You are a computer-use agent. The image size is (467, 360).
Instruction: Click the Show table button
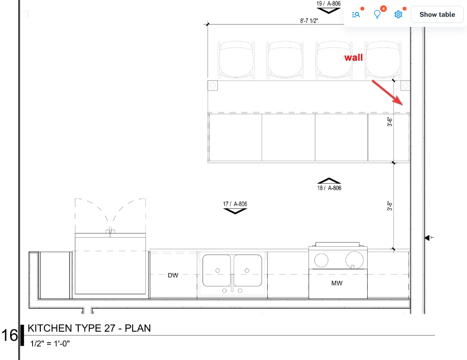click(x=437, y=14)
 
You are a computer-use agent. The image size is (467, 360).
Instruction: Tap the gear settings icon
click(x=398, y=14)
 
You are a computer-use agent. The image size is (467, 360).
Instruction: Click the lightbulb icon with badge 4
click(x=377, y=14)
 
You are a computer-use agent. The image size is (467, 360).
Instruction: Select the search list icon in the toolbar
click(x=356, y=14)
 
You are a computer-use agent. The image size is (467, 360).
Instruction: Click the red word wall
click(x=354, y=58)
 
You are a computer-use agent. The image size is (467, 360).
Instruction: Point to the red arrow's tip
click(x=403, y=105)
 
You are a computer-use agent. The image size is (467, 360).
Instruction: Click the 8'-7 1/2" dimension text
click(x=309, y=21)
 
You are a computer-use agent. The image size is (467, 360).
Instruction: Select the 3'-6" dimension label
click(x=390, y=122)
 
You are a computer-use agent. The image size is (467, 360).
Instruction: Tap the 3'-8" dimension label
click(x=390, y=206)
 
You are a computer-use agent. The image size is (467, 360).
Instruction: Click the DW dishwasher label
click(x=173, y=276)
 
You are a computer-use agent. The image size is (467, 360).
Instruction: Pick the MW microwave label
click(x=337, y=283)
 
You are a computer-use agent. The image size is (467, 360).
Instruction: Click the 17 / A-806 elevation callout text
click(x=235, y=204)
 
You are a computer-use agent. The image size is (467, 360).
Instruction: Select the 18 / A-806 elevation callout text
click(x=329, y=188)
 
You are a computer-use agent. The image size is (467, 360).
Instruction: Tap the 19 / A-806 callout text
click(x=328, y=3)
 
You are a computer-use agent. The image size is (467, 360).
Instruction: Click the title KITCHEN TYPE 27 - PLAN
click(x=89, y=328)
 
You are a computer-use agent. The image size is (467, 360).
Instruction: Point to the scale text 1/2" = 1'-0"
click(x=50, y=344)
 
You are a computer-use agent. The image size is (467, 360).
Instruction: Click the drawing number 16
click(x=10, y=336)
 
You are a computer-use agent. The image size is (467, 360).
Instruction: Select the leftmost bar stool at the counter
click(x=237, y=60)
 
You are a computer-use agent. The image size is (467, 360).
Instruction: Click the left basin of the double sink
click(x=216, y=270)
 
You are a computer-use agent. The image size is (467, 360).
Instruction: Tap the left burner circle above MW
click(x=321, y=260)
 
